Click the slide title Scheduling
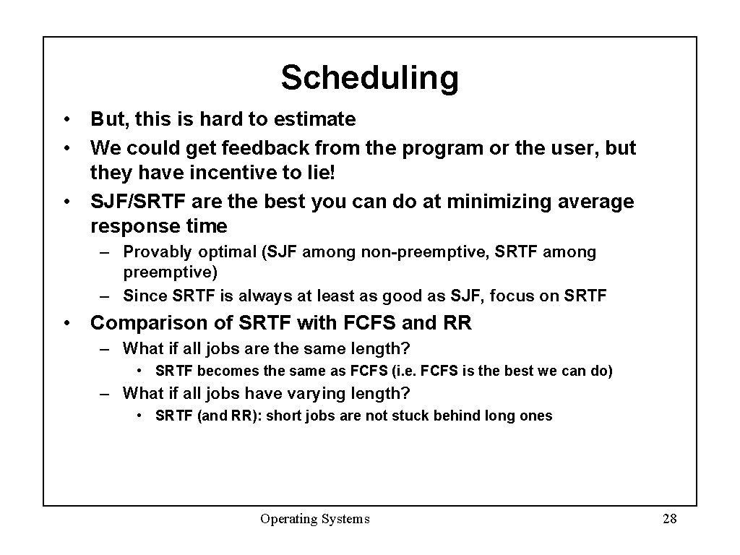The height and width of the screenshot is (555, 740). tap(369, 78)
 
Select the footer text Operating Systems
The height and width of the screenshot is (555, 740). tap(315, 518)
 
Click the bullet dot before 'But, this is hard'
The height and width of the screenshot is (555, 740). tap(66, 119)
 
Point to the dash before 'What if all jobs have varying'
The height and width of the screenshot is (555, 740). tap(106, 394)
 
